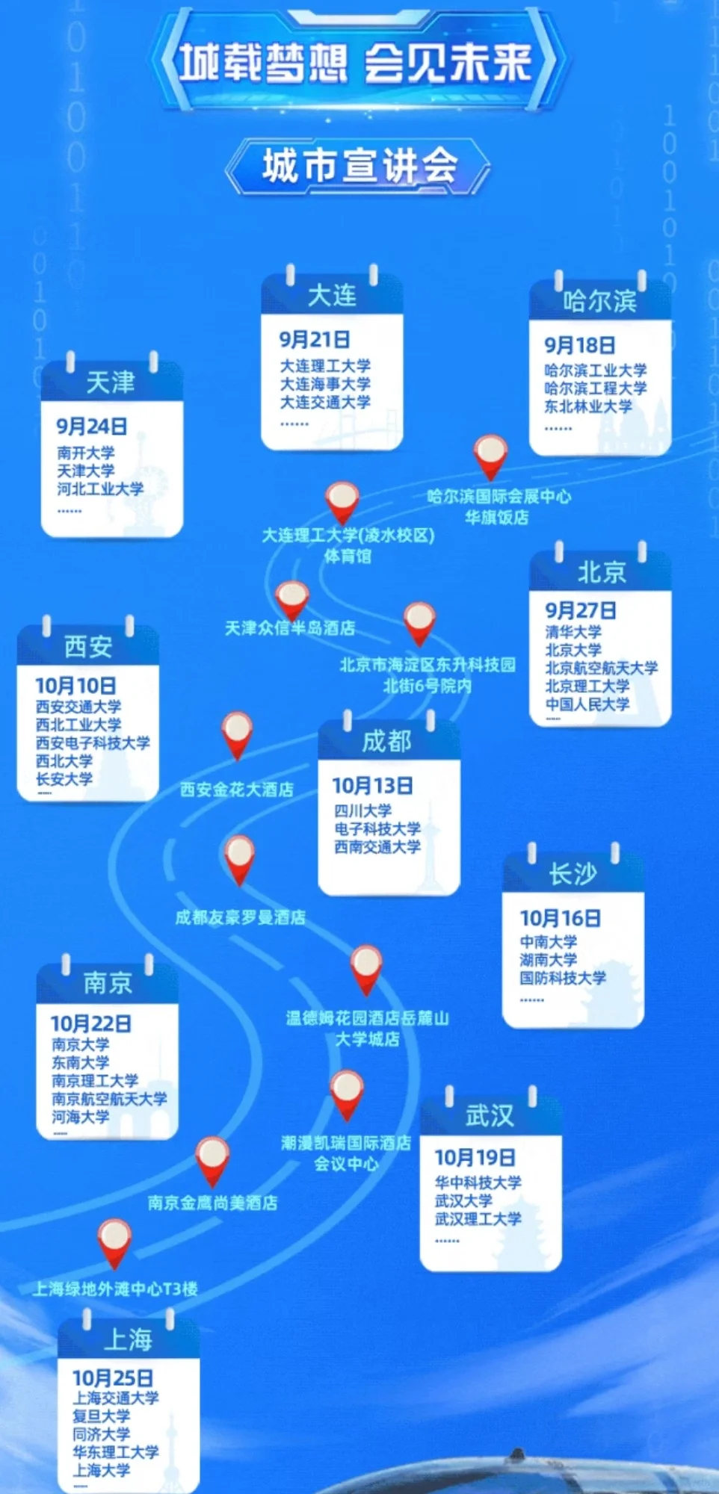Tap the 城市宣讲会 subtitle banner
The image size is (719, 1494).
click(359, 165)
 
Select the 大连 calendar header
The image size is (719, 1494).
click(332, 295)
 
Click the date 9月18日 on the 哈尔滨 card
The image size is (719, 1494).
click(579, 345)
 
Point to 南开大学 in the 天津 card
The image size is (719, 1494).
click(86, 453)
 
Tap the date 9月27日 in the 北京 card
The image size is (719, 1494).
click(580, 610)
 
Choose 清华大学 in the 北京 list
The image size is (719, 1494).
click(573, 632)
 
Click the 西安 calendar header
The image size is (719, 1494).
click(88, 646)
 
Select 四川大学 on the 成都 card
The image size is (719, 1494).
click(362, 810)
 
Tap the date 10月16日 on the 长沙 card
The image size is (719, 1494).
click(560, 918)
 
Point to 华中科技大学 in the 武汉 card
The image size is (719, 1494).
click(478, 1183)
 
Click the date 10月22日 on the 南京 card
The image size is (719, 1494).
click(90, 1023)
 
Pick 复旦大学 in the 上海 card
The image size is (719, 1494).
click(101, 1416)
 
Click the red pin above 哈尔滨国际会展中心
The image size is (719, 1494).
click(490, 456)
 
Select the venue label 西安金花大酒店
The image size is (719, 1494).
click(237, 790)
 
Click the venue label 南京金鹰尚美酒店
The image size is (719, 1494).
click(212, 1203)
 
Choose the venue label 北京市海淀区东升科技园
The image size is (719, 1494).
click(428, 665)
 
